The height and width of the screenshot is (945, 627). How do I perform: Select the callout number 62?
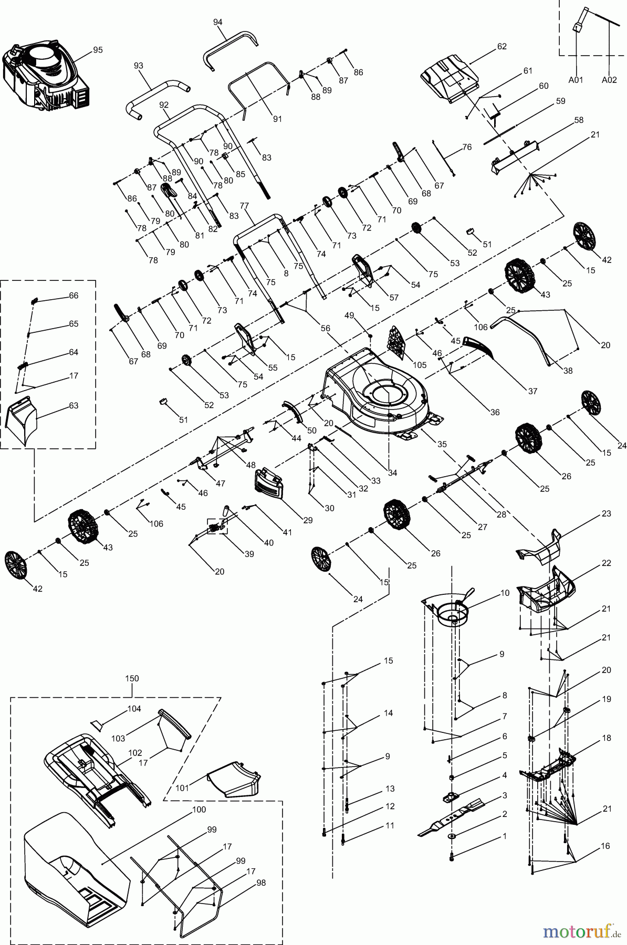pos(501,46)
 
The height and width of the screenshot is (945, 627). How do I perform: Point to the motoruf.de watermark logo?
pos(582,932)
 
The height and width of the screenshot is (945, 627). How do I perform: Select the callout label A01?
pos(576,80)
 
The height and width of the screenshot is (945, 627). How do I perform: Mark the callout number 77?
pos(244,206)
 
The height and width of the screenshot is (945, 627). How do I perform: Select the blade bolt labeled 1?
pos(452,856)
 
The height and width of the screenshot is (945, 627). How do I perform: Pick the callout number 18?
pos(607,738)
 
